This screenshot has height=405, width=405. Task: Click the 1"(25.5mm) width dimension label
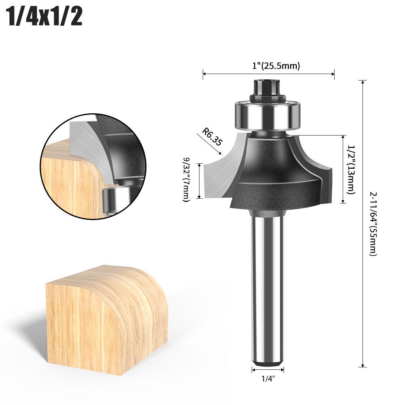click(276, 66)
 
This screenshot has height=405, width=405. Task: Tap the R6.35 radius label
click(212, 137)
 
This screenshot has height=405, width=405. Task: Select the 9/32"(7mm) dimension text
click(186, 180)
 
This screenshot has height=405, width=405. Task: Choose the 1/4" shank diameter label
click(267, 380)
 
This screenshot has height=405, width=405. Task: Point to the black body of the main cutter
click(275, 170)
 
